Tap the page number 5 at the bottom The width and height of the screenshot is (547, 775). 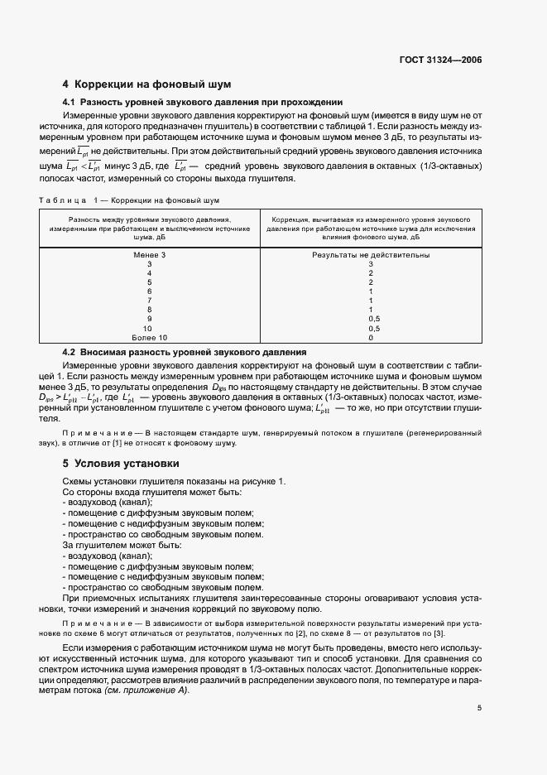coord(479,707)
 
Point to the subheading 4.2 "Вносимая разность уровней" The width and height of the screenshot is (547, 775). coord(184,352)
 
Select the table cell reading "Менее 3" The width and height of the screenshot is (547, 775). coord(150,255)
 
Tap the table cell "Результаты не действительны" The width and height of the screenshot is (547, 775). coord(371,255)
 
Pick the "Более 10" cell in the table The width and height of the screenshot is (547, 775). coord(150,338)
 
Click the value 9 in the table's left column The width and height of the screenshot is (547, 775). coord(150,319)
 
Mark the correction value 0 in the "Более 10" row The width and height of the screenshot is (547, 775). coord(371,338)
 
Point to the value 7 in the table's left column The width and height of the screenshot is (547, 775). coord(150,301)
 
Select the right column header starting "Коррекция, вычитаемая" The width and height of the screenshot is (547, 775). coord(371,226)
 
